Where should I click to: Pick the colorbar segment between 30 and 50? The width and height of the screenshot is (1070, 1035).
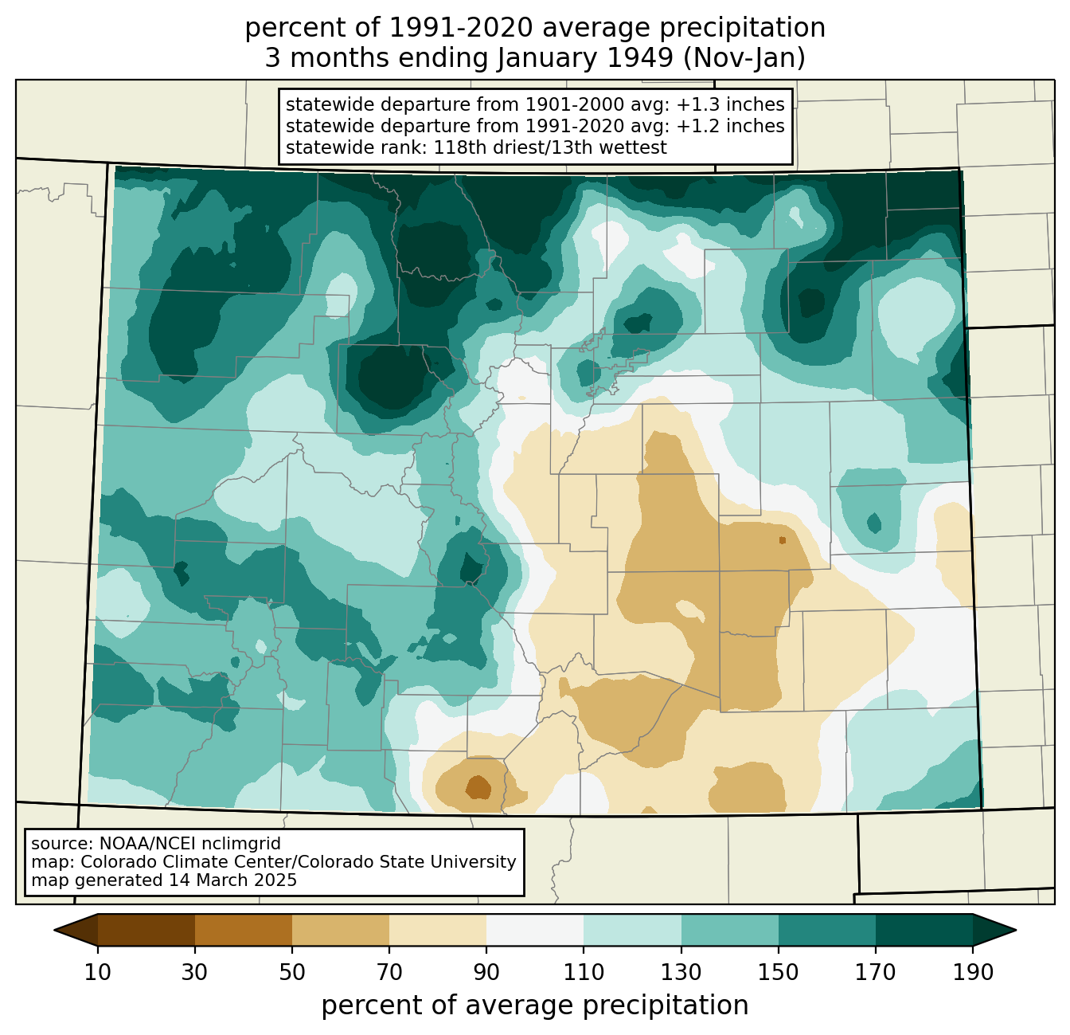243,931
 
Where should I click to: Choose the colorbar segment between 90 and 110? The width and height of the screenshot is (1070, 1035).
535,931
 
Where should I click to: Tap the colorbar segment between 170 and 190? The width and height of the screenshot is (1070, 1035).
924,931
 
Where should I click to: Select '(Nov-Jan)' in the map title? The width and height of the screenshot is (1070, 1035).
744,58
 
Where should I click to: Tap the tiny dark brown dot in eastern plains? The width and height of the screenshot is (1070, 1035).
782,540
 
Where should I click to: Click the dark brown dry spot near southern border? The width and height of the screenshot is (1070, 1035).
477,787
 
